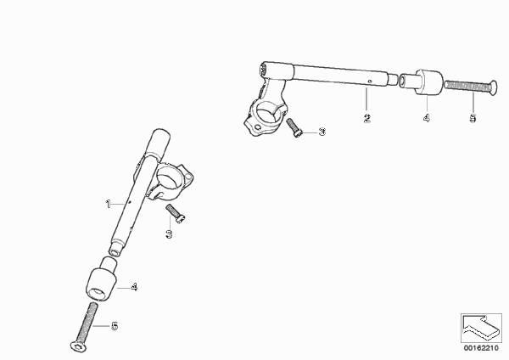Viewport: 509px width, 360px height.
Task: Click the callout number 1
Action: click(108, 204)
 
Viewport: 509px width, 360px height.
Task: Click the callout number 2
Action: click(366, 118)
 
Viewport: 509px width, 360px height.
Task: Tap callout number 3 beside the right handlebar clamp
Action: click(322, 132)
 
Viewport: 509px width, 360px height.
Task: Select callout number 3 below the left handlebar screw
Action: click(169, 233)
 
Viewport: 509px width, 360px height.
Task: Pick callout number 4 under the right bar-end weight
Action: click(427, 118)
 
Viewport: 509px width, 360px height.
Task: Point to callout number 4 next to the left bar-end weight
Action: click(134, 287)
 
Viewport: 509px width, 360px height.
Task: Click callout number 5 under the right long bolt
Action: click(473, 118)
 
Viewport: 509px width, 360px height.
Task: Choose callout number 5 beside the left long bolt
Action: click(115, 326)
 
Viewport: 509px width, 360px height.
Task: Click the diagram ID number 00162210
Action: click(481, 348)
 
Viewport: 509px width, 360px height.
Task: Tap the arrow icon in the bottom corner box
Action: click(480, 327)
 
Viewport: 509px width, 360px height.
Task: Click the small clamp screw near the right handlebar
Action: click(294, 127)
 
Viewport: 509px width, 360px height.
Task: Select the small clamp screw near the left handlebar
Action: click(176, 213)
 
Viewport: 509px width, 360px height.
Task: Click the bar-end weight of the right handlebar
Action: click(422, 82)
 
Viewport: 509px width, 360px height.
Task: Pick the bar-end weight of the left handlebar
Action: click(102, 279)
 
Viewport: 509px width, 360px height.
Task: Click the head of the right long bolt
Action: click(493, 87)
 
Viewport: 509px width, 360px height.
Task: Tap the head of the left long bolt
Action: click(78, 346)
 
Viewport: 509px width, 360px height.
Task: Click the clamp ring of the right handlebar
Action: click(265, 119)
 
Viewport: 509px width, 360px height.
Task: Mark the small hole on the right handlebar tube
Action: click(369, 82)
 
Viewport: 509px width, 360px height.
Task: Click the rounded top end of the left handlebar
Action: click(161, 133)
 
